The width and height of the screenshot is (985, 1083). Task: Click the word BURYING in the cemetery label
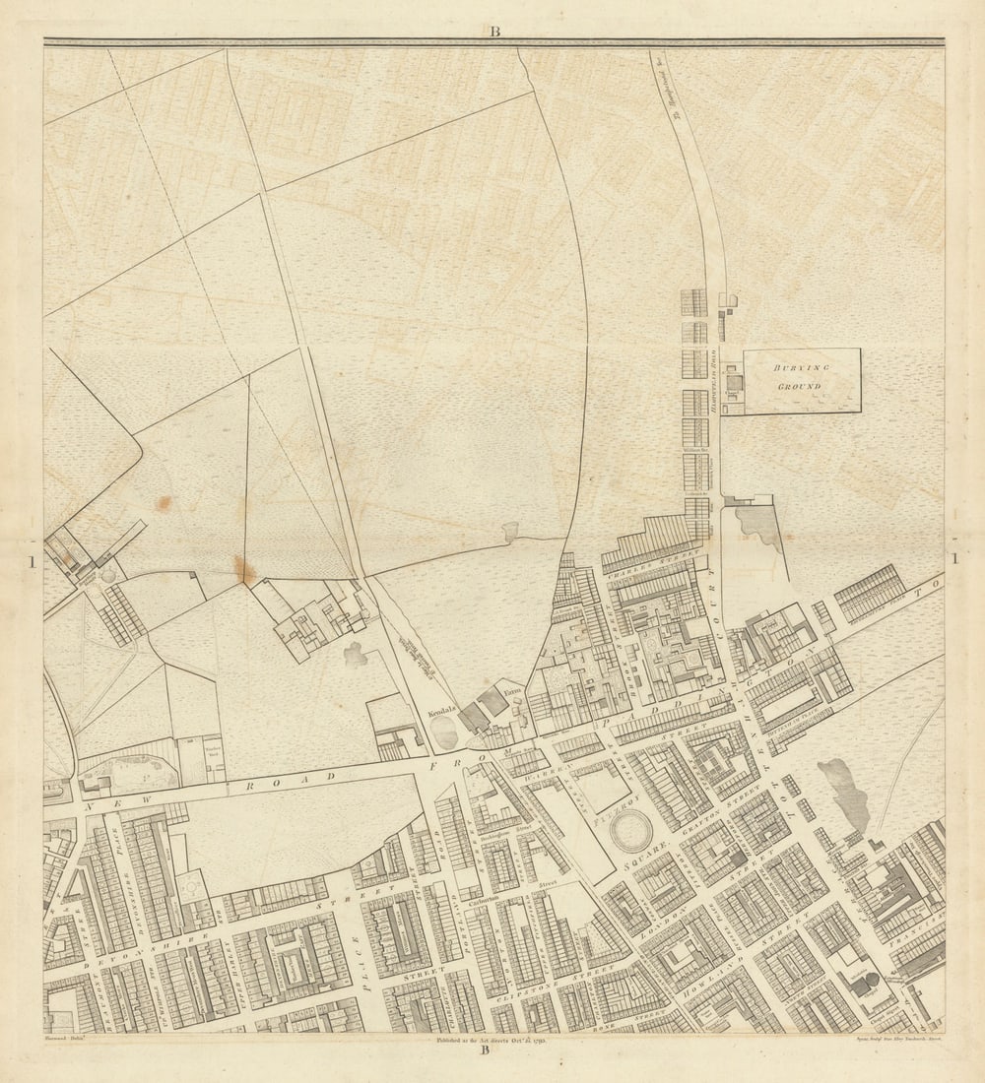[x=801, y=367]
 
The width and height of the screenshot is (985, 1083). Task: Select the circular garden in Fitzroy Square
[x=630, y=832]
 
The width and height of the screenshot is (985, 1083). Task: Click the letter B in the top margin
[x=494, y=32]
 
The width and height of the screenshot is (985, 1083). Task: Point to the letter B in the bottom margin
[x=485, y=1050]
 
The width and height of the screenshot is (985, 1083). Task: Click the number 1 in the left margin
[x=33, y=561]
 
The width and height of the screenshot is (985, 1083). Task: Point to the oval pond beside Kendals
[x=445, y=733]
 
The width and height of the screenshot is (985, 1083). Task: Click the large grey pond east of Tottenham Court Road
[x=845, y=793]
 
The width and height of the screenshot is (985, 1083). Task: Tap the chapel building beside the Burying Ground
[x=733, y=382]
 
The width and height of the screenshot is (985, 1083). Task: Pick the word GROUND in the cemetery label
[x=800, y=387]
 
